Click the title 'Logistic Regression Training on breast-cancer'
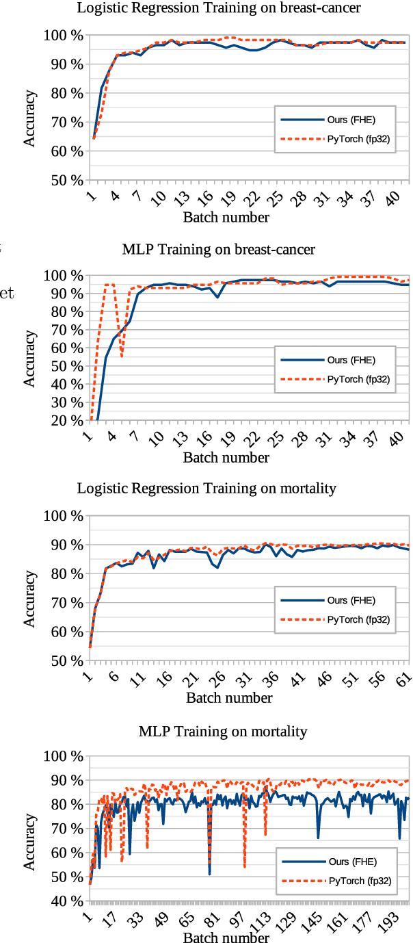(219, 8)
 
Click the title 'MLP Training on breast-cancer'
(219, 249)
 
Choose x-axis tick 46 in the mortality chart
(325, 678)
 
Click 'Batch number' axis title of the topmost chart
(226, 218)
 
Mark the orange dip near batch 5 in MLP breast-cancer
(122, 356)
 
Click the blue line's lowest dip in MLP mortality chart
(209, 874)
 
